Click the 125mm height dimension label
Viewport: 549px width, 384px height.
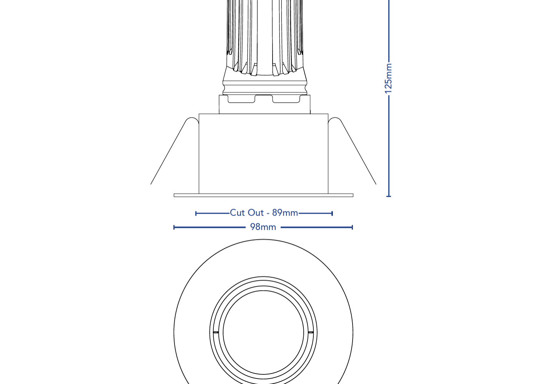389,78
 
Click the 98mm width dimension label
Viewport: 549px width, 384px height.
263,227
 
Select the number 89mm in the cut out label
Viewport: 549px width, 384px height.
285,213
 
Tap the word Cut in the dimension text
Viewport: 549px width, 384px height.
237,213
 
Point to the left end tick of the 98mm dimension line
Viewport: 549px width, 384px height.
174,227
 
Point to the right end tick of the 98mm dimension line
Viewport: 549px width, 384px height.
352,227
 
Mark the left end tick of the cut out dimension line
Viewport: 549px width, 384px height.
196,213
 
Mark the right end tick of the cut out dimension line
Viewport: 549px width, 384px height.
332,213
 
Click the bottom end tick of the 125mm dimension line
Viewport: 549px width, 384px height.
389,196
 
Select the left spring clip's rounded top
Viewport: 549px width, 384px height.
191,120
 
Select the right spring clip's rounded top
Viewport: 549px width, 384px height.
335,120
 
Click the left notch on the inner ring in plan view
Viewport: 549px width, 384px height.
216,332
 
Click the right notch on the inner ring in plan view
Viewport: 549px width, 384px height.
311,332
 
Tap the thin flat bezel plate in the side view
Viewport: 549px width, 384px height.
263,195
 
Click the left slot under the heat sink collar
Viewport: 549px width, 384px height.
241,100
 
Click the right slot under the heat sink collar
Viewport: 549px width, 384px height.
286,100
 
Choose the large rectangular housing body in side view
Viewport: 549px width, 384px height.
263,154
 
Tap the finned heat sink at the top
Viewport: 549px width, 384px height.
265,35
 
